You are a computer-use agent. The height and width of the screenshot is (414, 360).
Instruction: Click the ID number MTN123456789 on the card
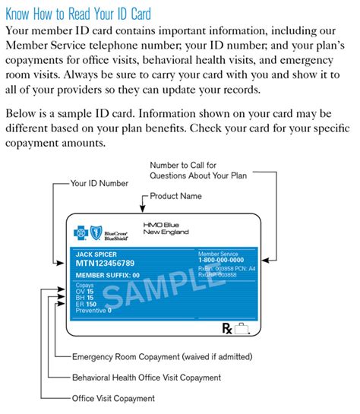(110, 263)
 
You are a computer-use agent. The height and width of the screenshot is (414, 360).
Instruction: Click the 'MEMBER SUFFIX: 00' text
(107, 275)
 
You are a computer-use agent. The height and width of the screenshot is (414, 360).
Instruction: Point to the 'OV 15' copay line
(85, 291)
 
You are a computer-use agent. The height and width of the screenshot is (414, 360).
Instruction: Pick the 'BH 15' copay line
(85, 298)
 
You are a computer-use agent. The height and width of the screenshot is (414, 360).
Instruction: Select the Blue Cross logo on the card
(81, 232)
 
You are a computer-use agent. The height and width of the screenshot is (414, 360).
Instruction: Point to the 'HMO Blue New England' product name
(166, 227)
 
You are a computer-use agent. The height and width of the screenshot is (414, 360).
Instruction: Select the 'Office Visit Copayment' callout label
(113, 398)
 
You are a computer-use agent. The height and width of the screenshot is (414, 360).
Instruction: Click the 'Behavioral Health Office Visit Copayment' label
(146, 378)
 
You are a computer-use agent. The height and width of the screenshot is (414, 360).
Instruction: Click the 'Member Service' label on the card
(218, 251)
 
